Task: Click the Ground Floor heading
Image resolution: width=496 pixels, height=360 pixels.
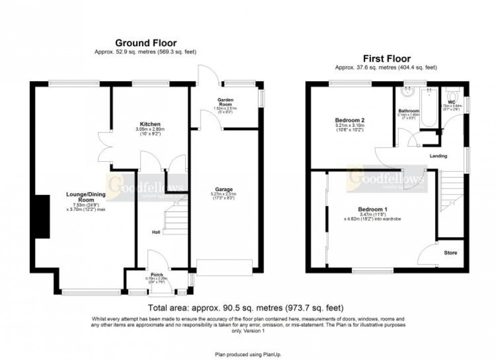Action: (x=145, y=43)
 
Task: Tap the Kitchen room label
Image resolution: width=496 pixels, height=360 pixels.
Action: (x=149, y=124)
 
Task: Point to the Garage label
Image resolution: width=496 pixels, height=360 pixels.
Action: (x=225, y=189)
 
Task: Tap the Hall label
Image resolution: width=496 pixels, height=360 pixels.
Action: (x=156, y=233)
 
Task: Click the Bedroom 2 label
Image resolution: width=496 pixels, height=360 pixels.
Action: (x=349, y=120)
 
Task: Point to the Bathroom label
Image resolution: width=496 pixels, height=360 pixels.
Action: (x=408, y=111)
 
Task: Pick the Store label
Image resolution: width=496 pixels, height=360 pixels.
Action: (x=450, y=253)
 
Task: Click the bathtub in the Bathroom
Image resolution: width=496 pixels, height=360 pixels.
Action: (x=429, y=109)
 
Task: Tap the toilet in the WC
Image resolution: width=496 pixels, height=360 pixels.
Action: (x=450, y=92)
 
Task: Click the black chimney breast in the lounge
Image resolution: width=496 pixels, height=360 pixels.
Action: (x=43, y=216)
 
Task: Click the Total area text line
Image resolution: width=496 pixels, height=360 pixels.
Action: (x=246, y=308)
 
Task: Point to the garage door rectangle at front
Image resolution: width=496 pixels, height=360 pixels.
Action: (x=225, y=266)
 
